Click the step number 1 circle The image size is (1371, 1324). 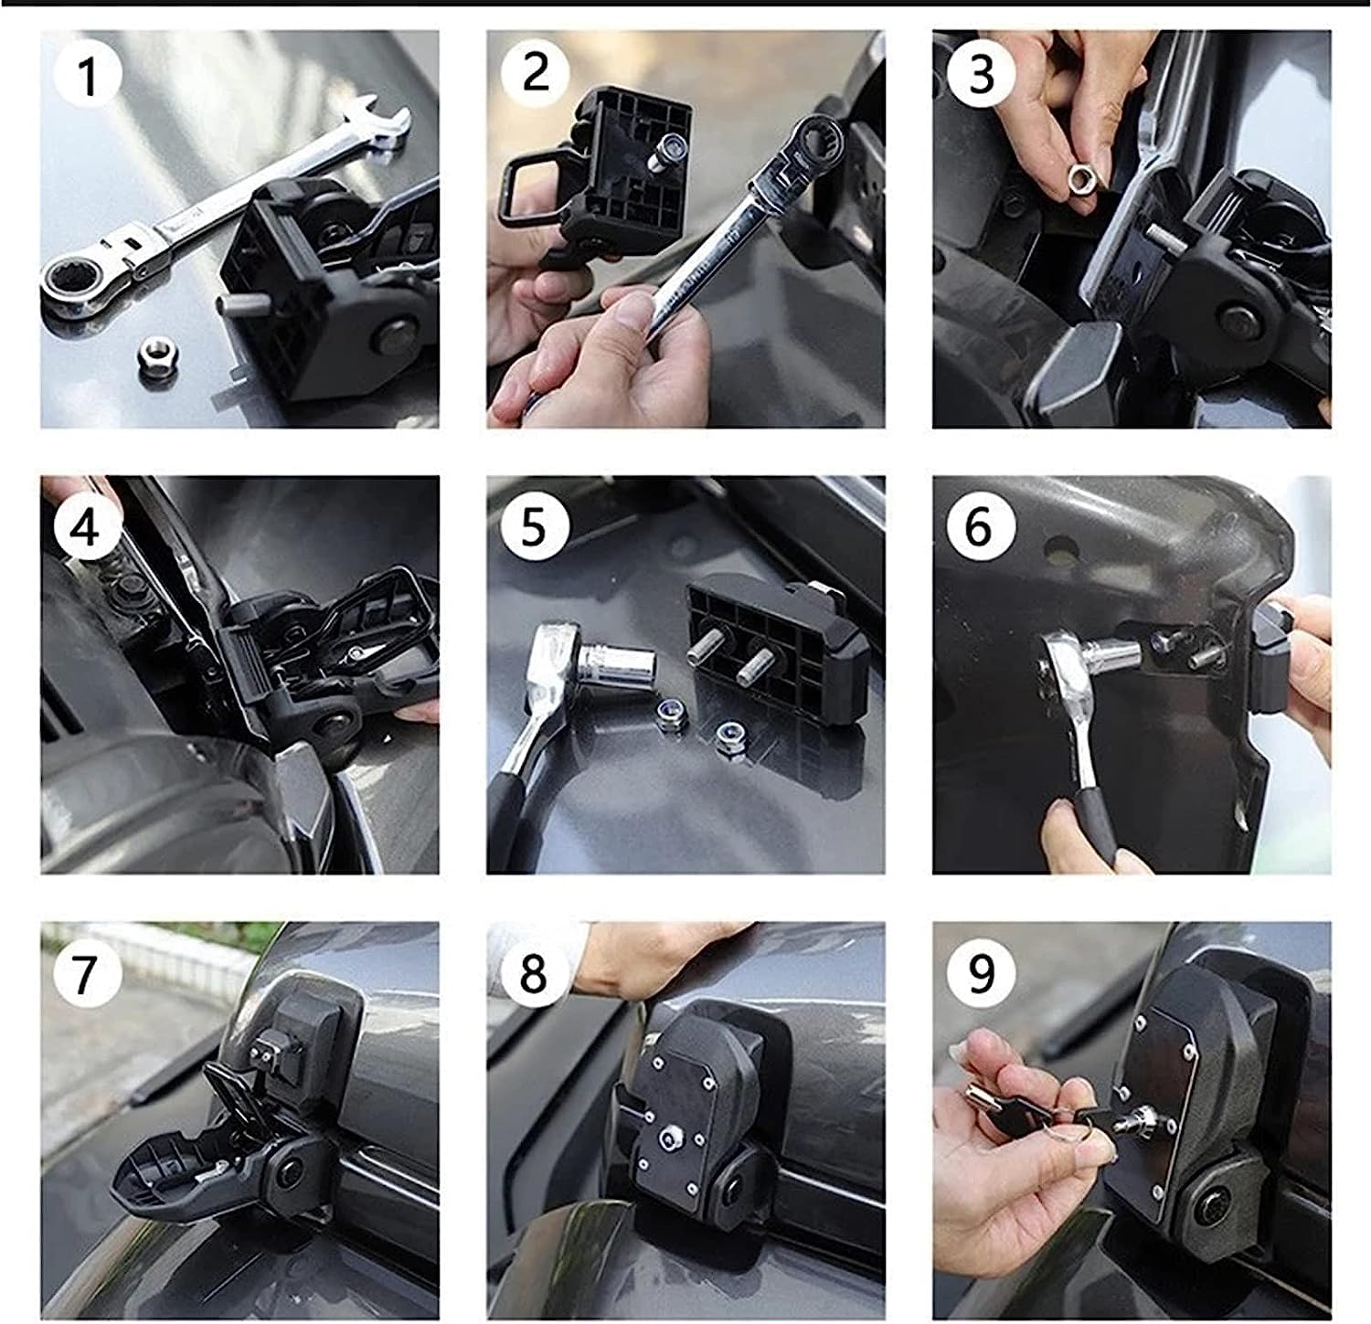[88, 76]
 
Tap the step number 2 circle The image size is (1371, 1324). [535, 73]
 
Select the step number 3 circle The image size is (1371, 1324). [981, 73]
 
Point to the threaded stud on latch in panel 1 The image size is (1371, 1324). [238, 306]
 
